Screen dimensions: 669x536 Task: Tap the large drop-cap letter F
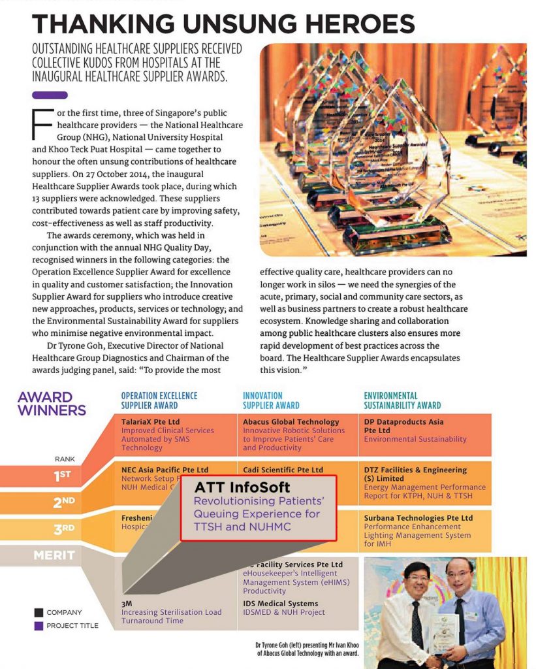(42, 124)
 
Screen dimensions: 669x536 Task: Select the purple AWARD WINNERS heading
(52, 404)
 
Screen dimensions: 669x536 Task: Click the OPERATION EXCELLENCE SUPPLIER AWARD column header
(159, 400)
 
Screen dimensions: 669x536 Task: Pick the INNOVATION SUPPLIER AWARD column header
(271, 400)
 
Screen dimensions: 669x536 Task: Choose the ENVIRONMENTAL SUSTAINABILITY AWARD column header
(402, 400)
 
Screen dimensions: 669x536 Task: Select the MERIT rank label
(55, 556)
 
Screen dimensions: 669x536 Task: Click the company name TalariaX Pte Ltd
(150, 422)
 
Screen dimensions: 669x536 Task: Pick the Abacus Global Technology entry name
(291, 422)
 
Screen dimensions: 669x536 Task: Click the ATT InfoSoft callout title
(242, 487)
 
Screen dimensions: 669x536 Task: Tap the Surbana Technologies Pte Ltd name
(423, 518)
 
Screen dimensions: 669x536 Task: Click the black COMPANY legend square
(39, 613)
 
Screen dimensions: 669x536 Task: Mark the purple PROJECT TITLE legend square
(39, 626)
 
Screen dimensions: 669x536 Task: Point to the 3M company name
(127, 604)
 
